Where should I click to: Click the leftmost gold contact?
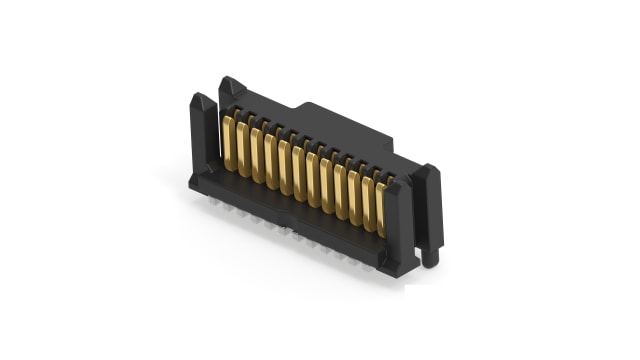coord(229,143)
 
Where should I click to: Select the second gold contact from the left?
coord(243,148)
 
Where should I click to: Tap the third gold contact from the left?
coord(257,153)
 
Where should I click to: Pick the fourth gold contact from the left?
coord(271,158)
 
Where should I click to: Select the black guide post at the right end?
coord(429,205)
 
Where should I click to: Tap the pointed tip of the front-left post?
coord(196,98)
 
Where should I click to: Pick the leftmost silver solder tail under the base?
coord(216,206)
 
